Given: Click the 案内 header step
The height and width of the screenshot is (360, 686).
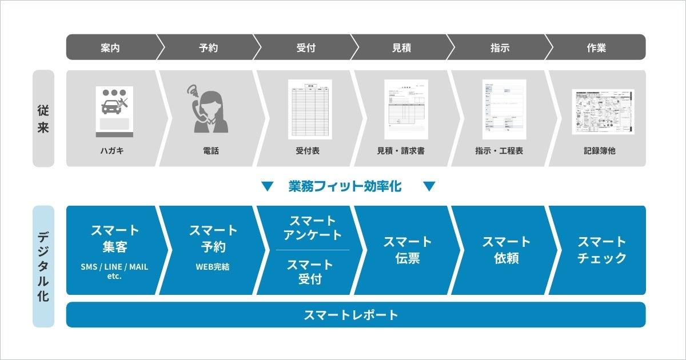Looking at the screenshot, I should point(110,47).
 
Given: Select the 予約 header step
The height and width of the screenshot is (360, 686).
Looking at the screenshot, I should point(209,47).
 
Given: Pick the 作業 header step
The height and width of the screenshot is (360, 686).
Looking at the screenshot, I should point(596,47).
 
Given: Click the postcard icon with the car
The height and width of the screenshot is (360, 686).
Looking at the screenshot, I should point(114,111).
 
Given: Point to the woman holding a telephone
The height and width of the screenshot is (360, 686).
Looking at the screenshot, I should point(208,109).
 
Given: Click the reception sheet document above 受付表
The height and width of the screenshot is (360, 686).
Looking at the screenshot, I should point(309,109).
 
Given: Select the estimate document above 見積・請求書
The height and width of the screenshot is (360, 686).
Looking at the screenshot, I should point(406,109).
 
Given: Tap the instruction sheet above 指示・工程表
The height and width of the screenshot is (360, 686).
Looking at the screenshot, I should point(504,109).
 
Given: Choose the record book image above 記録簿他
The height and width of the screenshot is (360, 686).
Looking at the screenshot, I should point(603,111).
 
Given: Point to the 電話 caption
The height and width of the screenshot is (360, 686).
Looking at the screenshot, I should point(211,151).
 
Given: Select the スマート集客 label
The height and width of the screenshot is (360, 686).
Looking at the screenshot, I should point(115,239).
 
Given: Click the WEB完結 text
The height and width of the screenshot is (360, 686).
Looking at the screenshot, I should point(213,267).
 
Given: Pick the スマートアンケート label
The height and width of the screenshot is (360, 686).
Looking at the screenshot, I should point(313,227).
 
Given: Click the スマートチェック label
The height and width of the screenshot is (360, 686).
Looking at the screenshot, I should point(602,250).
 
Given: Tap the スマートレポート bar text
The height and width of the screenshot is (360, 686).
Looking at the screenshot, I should point(351,315).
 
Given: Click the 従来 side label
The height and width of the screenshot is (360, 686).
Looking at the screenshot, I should point(43,119).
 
